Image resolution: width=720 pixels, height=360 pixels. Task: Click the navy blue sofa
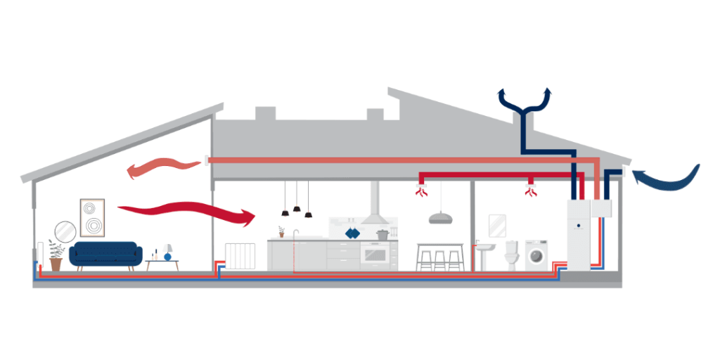click(105, 253)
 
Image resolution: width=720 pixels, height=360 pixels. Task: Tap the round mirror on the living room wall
click(65, 231)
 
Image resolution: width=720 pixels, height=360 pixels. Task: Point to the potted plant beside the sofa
click(56, 255)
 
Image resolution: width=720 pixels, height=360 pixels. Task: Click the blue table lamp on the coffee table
click(167, 253)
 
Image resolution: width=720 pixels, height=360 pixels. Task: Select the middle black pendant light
click(297, 207)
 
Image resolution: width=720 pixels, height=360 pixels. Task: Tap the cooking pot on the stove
click(383, 233)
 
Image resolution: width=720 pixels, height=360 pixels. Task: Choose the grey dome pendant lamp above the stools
click(441, 217)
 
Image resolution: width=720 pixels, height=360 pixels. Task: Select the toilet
click(512, 255)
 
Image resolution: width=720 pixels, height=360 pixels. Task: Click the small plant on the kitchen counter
click(281, 231)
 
